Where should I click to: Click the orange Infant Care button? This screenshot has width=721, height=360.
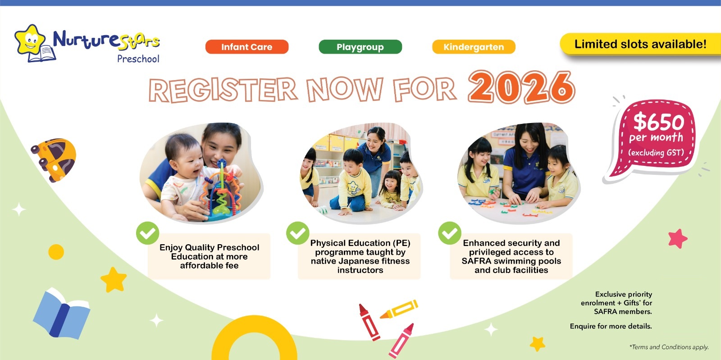tap(247, 47)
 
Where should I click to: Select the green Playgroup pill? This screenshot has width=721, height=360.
tap(360, 47)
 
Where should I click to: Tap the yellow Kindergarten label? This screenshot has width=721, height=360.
tap(474, 47)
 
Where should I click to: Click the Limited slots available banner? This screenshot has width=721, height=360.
tap(640, 44)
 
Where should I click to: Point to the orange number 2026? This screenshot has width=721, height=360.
tap(521, 87)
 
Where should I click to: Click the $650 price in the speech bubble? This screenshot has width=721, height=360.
tap(658, 122)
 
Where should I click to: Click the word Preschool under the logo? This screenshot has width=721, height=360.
tap(138, 59)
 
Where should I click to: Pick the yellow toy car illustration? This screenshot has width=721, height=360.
tap(54, 159)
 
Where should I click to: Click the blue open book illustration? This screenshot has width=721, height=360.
tap(61, 313)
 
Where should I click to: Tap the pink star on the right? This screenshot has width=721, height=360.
tap(678, 238)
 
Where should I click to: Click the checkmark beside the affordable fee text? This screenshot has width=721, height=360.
tap(148, 233)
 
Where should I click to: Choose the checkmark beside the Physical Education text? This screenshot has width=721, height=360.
tap(298, 233)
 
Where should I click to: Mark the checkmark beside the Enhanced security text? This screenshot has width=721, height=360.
tap(450, 233)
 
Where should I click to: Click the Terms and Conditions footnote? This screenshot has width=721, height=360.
tap(669, 347)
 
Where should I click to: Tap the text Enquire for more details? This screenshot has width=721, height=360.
tap(611, 326)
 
